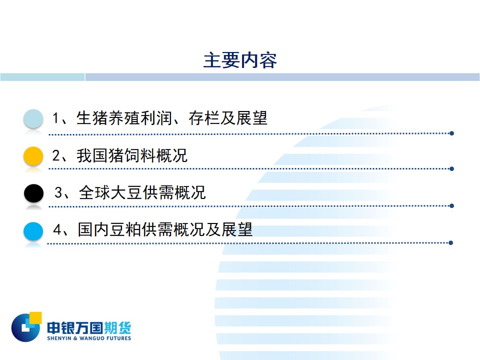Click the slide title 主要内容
(240, 60)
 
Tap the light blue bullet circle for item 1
(33, 118)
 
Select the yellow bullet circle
(33, 156)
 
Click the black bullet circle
(33, 193)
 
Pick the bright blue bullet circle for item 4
(33, 231)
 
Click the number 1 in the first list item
(55, 118)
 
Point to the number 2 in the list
(56, 155)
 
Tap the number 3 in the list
(58, 192)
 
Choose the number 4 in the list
(57, 229)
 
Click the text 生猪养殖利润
(124, 118)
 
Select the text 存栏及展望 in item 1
(228, 118)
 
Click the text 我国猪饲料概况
(132, 155)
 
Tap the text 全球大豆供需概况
(142, 192)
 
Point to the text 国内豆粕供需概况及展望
(165, 229)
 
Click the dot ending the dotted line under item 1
(451, 133)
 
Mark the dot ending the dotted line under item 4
(450, 243)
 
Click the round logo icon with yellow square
(26, 327)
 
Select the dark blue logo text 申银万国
(75, 328)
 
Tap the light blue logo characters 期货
(117, 328)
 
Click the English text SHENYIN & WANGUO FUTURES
(89, 338)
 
